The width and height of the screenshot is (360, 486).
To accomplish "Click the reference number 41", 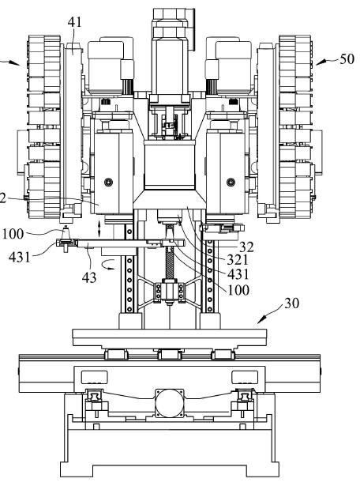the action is tap(74, 22).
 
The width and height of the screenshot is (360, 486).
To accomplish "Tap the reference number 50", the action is tap(347, 59).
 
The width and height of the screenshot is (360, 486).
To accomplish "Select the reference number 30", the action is tap(291, 303).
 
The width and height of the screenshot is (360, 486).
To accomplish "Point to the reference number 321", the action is tap(238, 260).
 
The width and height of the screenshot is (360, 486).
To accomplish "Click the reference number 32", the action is tap(246, 247).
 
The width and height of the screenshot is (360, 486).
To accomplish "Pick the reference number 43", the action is tap(89, 277).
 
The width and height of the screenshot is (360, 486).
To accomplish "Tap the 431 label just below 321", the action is tap(238, 274).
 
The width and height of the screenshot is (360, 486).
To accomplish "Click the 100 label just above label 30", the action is tap(238, 290).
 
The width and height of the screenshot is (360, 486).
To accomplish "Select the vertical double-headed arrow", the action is tap(99, 228).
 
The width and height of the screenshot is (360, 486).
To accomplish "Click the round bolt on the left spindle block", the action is tap(108, 182).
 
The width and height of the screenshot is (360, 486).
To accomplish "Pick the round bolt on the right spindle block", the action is tap(231, 182).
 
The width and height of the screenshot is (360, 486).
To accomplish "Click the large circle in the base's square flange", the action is tap(169, 404).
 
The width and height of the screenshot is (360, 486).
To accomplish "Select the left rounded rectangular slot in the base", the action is tap(94, 377).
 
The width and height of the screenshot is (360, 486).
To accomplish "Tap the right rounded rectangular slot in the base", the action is tap(245, 377).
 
